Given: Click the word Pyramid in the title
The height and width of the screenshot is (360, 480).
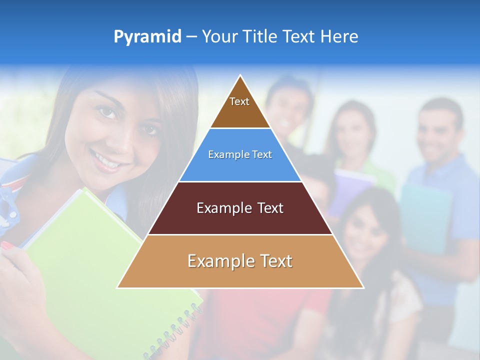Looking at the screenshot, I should click(x=147, y=37).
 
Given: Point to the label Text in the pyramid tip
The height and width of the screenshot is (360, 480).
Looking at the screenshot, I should click(x=239, y=101).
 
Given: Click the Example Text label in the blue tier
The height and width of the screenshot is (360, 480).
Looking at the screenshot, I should click(x=240, y=154).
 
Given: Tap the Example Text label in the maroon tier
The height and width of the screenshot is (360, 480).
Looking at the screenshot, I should click(x=240, y=208).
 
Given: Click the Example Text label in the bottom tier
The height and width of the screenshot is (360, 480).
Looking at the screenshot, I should click(x=240, y=261).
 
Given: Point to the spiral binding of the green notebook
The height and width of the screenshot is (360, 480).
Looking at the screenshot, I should click(x=175, y=330).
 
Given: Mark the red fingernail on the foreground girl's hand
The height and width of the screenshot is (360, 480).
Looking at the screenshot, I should click(x=7, y=245).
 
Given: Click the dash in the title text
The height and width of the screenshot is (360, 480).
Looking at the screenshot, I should click(x=191, y=37).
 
